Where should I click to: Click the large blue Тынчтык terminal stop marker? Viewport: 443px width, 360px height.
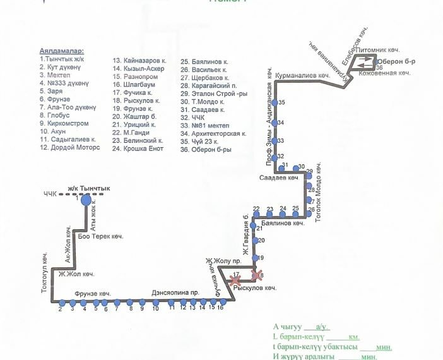(x=86, y=200)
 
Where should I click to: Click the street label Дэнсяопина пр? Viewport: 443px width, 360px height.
(x=175, y=293)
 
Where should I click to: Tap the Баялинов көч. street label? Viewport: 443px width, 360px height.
(x=282, y=223)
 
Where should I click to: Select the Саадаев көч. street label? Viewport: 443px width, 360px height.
(x=278, y=178)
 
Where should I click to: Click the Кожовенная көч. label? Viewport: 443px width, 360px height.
(x=385, y=73)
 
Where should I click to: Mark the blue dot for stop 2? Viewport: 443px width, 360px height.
(x=61, y=303)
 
